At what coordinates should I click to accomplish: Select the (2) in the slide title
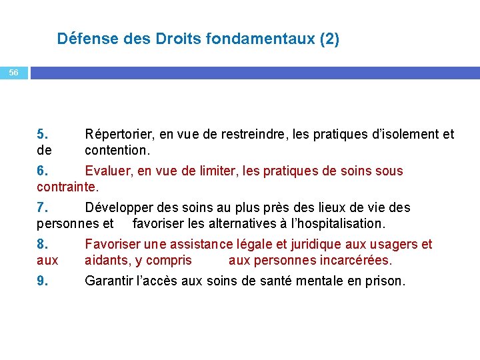(329, 39)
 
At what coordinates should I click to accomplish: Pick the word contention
(117, 150)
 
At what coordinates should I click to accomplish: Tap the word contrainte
(67, 187)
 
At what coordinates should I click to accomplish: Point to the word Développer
(118, 208)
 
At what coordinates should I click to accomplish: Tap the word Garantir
(108, 281)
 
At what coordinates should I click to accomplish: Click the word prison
(385, 281)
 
